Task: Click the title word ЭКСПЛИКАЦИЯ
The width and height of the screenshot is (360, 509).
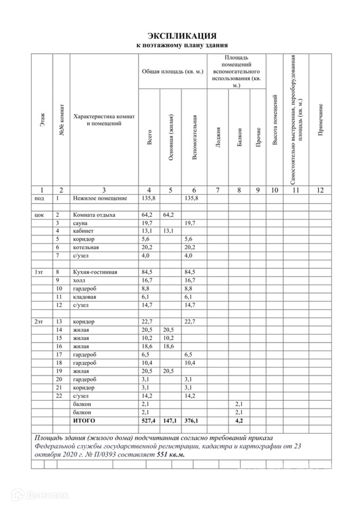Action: [182, 36]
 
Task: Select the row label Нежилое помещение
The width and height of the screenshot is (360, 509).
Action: [100, 198]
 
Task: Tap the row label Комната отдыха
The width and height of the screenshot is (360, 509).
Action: [94, 215]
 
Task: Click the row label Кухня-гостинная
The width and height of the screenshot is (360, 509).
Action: [95, 273]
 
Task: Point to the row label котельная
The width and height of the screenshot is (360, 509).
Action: [86, 248]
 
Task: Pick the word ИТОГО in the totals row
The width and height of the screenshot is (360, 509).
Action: [84, 420]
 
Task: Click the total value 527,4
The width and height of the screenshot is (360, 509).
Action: [148, 420]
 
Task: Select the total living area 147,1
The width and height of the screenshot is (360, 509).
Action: [170, 420]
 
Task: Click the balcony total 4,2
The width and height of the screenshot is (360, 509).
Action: [239, 420]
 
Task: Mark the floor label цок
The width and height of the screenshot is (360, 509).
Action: [39, 215]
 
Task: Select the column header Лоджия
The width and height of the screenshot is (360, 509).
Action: [217, 137]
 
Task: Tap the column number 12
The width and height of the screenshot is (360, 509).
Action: [320, 190]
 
